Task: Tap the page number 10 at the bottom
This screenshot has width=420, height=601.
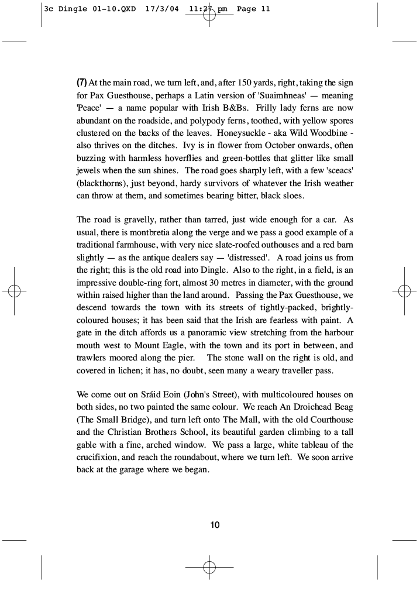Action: tap(215, 525)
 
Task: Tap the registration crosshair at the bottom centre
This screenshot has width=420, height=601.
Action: tap(209, 567)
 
